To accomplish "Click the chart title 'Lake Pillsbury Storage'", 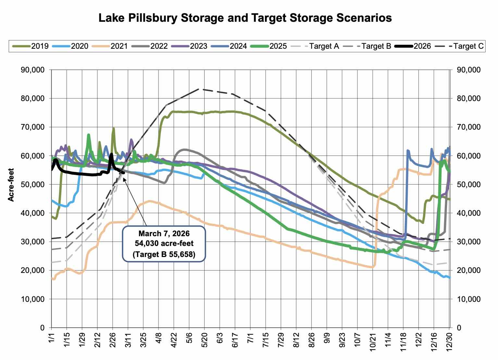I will [245, 18].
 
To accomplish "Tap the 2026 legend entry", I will [422, 46].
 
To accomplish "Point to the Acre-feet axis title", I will [11, 184].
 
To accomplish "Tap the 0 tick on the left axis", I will [42, 328].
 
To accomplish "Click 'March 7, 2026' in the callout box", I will [164, 234].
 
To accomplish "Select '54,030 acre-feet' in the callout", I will [164, 243].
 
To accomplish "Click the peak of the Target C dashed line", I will [198, 89].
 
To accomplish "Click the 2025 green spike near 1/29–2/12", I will [88, 135].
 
